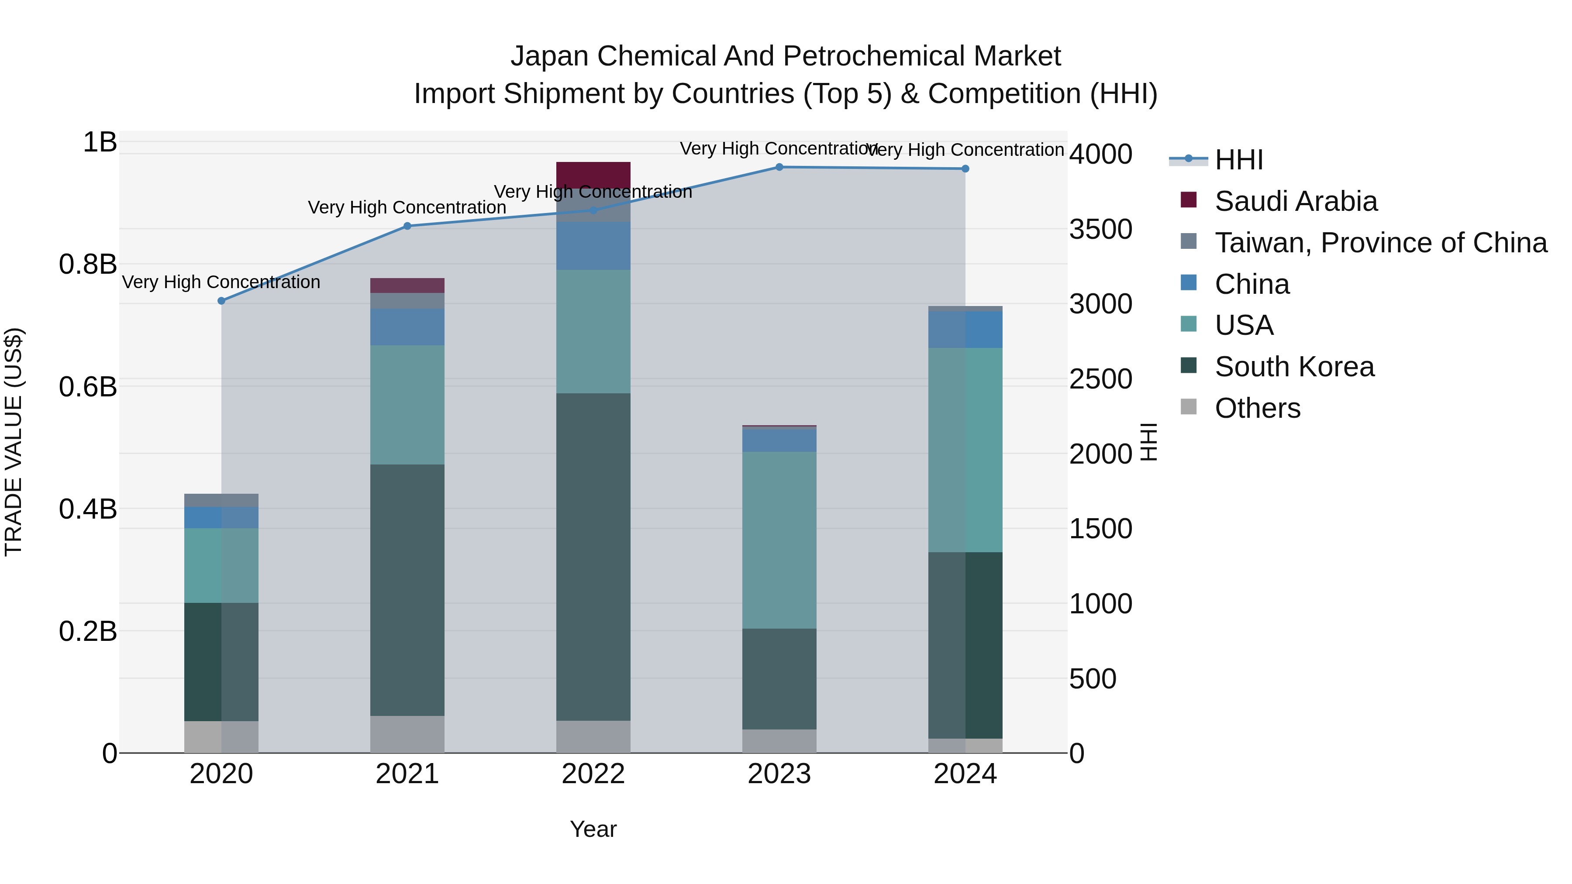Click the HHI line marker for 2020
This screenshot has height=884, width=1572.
[221, 301]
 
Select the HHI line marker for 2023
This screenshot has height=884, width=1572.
[779, 167]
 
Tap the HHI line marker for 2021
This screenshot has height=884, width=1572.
[408, 226]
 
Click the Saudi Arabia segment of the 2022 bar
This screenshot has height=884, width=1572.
[593, 175]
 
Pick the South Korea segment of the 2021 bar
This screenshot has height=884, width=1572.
[408, 590]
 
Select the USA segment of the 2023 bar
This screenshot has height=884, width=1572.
[779, 540]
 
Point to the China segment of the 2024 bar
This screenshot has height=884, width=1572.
[965, 330]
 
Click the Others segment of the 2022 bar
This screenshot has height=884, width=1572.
[593, 736]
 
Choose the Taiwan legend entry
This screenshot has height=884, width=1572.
[1380, 243]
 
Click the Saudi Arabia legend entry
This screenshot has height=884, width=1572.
[1296, 201]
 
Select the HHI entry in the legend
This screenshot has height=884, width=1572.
[1238, 160]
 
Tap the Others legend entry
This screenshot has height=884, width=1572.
[1257, 408]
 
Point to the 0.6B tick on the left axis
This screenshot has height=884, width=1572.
[88, 387]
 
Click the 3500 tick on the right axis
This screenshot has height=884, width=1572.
[1100, 229]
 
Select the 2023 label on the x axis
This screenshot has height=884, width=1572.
[779, 774]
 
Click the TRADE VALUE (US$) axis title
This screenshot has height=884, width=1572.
[14, 442]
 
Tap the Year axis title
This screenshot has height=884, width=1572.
[593, 829]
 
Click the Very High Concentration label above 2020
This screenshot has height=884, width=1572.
[221, 282]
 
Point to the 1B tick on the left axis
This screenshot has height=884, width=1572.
[100, 142]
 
